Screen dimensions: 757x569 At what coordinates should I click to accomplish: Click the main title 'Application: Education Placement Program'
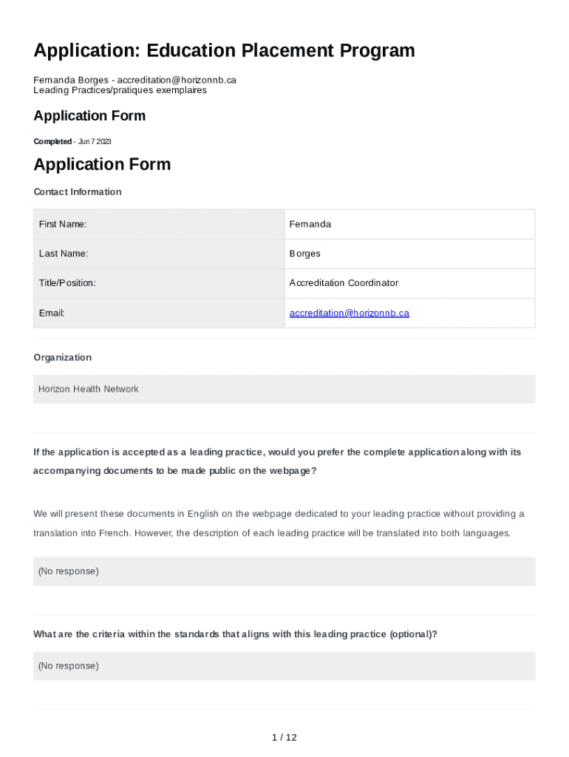coord(224,51)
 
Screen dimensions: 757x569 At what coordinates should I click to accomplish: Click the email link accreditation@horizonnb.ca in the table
coord(349,313)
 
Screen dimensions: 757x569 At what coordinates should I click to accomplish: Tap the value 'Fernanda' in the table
coord(310,224)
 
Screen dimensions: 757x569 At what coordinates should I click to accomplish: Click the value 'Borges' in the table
coord(305,254)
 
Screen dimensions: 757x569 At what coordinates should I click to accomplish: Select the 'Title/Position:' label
coord(67,283)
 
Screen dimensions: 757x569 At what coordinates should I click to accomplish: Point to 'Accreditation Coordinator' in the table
coord(344,283)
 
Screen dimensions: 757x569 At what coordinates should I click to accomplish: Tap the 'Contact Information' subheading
coord(78,192)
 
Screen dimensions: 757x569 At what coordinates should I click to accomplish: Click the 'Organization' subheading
coord(63,358)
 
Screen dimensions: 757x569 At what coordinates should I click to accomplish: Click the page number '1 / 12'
coord(284,738)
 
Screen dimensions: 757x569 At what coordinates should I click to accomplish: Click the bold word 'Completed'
coord(52,142)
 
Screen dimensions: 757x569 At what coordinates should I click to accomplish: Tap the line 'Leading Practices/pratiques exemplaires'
coord(120,90)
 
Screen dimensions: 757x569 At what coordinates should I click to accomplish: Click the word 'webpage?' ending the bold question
coord(295,471)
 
